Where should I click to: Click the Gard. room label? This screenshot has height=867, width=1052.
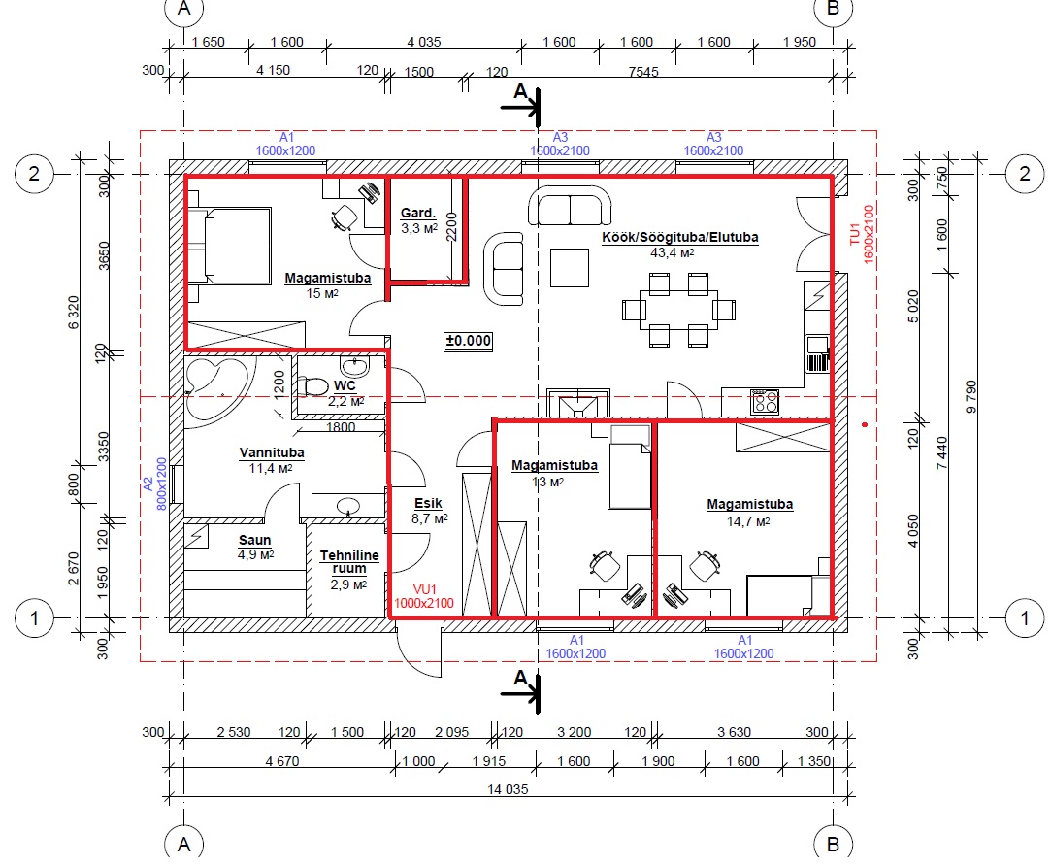click(x=418, y=213)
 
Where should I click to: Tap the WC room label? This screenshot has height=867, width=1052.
click(x=345, y=385)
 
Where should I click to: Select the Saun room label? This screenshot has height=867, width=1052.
click(x=255, y=540)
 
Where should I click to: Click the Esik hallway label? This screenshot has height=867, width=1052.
click(x=428, y=503)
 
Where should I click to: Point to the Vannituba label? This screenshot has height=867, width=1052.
click(x=272, y=453)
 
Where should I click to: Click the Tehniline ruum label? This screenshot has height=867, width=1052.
click(x=348, y=562)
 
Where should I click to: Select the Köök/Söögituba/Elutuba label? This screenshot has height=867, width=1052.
click(x=679, y=237)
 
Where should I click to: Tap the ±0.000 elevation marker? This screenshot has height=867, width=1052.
click(x=469, y=341)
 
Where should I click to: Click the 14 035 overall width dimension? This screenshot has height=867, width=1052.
click(x=508, y=789)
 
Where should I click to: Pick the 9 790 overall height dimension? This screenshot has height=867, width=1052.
click(x=970, y=396)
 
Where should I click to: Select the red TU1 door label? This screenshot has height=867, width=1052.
click(x=854, y=234)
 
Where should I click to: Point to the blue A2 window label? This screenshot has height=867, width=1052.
click(x=148, y=484)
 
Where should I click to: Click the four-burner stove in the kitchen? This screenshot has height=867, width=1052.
click(x=765, y=402)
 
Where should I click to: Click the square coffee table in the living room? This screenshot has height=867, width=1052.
click(x=570, y=267)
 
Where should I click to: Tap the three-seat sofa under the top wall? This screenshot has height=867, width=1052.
click(x=570, y=206)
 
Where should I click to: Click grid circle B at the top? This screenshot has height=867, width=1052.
click(x=834, y=8)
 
